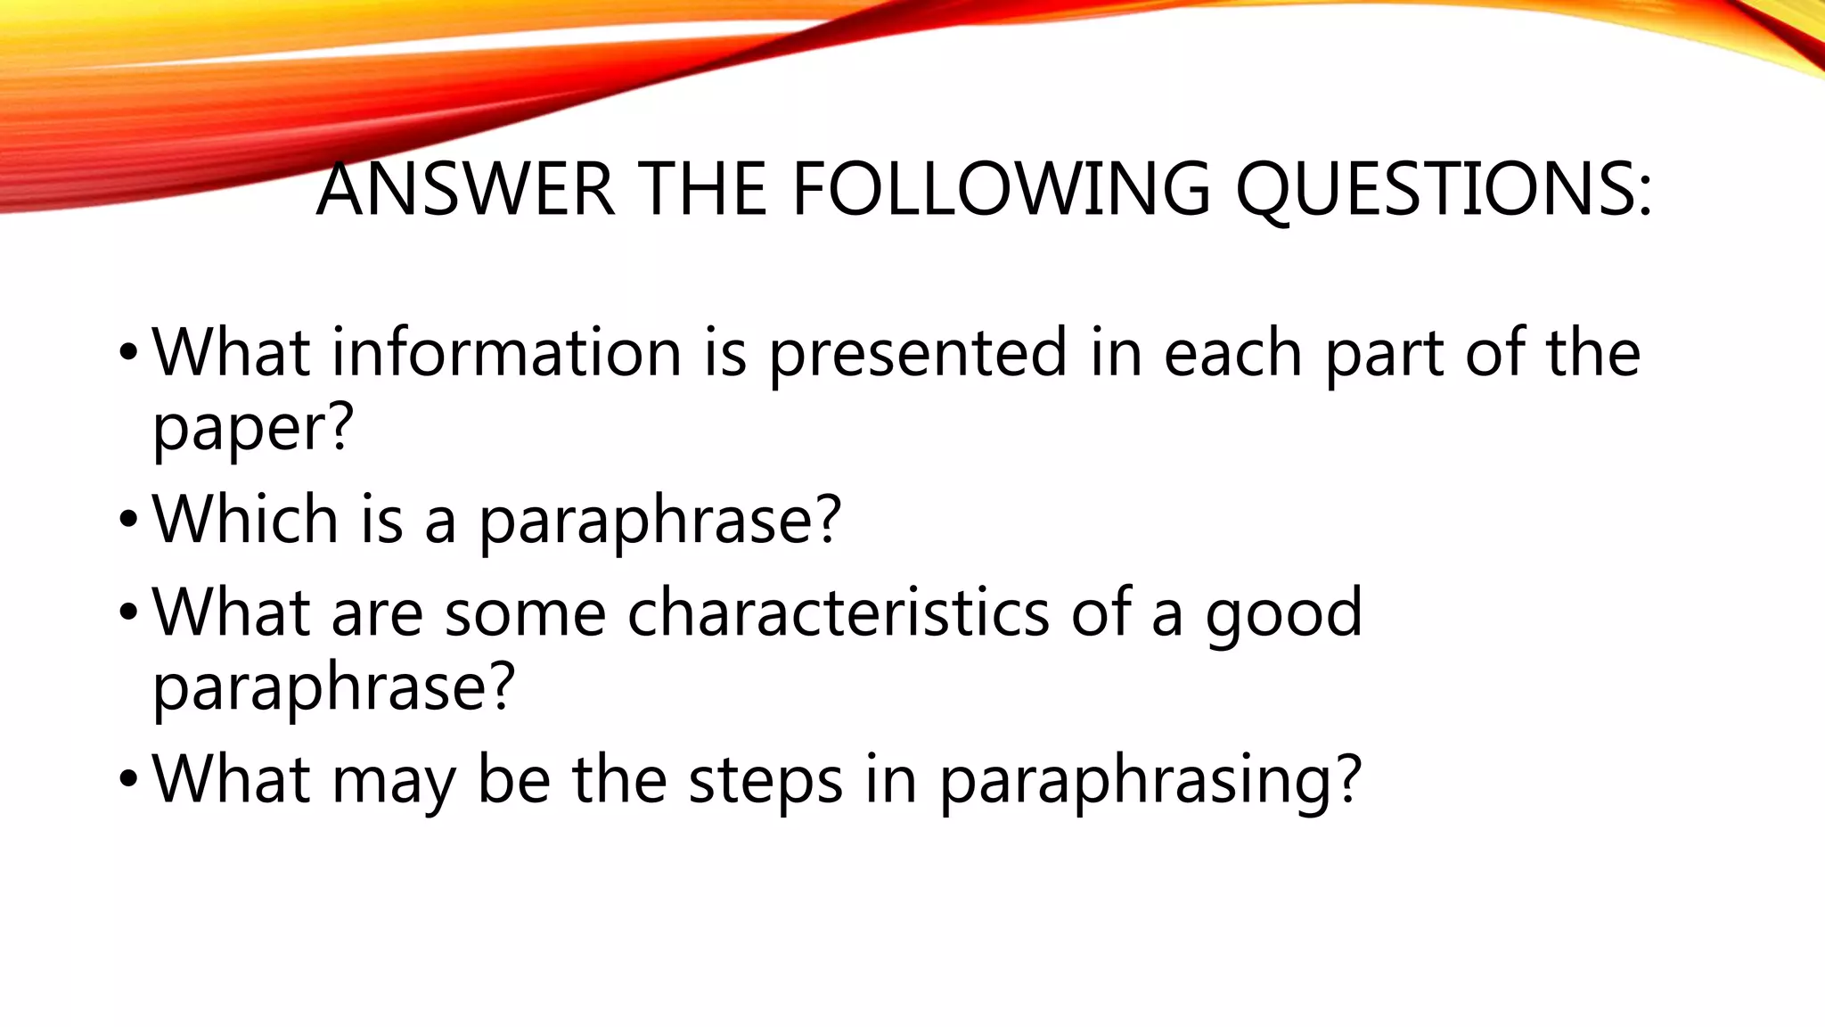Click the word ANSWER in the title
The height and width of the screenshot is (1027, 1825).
465,189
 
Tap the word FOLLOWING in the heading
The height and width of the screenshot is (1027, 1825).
1001,189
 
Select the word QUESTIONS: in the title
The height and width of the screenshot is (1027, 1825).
1443,191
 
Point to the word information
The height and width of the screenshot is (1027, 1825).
506,352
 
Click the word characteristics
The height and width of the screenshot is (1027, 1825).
838,612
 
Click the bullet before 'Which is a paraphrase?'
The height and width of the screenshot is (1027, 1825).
128,521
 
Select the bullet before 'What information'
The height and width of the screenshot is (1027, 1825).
128,354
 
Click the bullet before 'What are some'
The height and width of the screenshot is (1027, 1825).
128,614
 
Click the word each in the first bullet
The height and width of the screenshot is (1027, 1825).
1232,352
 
